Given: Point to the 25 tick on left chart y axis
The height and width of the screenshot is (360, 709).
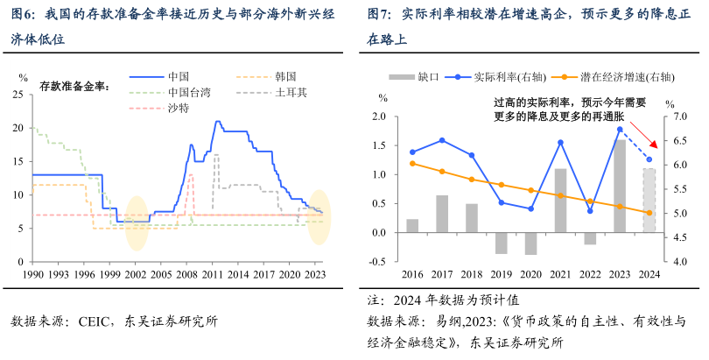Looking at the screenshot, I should point(19,95).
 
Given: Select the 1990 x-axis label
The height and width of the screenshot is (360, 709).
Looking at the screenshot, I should point(32,273).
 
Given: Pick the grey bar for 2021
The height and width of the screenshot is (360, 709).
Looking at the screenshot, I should point(561,201).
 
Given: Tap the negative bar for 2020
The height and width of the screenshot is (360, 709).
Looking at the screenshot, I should point(531,244).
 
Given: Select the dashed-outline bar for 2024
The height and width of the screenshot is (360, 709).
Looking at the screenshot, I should point(649,201).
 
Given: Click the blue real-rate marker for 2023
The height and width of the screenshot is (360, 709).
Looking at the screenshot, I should point(620,129).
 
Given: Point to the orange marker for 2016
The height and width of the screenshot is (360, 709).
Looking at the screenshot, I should point(412,164).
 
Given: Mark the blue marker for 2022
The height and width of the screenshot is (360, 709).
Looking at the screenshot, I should point(590,211).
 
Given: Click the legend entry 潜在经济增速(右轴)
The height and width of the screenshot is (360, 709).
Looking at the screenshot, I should point(618,76).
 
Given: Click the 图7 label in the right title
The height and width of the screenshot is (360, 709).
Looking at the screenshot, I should point(379,14).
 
